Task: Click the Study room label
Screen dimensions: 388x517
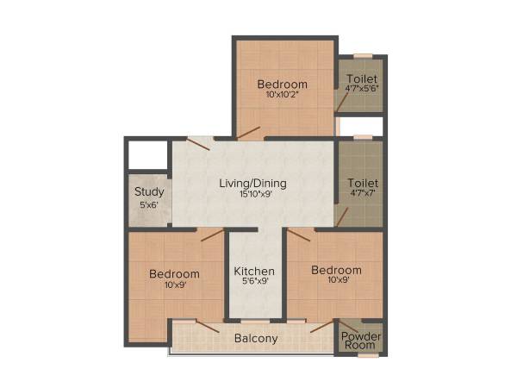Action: pyautogui.click(x=149, y=191)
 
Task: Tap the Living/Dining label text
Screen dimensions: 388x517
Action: pyautogui.click(x=252, y=183)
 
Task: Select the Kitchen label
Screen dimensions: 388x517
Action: pyautogui.click(x=255, y=270)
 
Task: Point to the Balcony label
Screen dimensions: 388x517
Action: pyautogui.click(x=256, y=338)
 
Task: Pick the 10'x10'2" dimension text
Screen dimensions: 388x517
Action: pyautogui.click(x=282, y=95)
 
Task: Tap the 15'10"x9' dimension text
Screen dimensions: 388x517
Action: pyautogui.click(x=252, y=194)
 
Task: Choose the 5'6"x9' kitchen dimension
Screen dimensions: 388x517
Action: pyautogui.click(x=255, y=281)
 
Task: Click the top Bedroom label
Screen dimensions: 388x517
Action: pyautogui.click(x=282, y=84)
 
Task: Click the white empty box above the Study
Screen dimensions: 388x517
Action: pyautogui.click(x=147, y=154)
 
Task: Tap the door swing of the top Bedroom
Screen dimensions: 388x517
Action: pyautogui.click(x=249, y=132)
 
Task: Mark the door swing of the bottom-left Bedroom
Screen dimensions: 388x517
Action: pyautogui.click(x=212, y=235)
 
